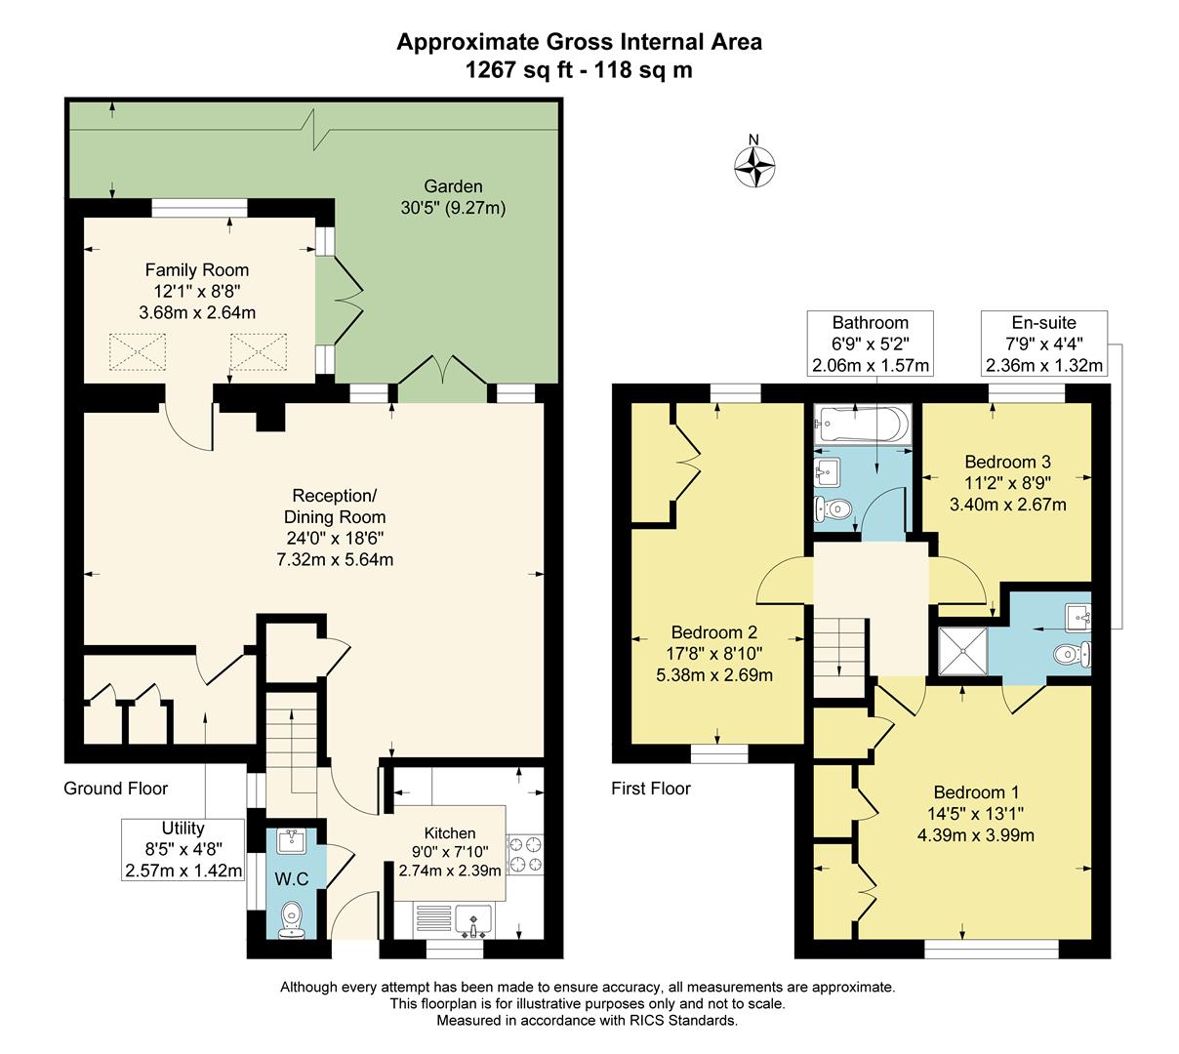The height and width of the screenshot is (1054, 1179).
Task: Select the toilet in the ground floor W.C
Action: coord(291,917)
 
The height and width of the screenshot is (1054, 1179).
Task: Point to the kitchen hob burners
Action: coord(524,852)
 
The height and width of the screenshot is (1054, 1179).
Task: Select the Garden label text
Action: coord(453,186)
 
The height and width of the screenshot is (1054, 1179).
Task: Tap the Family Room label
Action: coord(197,270)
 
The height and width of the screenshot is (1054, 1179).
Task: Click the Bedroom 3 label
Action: coord(1007,462)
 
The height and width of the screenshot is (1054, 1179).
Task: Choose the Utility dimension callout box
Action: coord(183,849)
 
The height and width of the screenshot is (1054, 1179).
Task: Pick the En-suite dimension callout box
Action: coord(1043,344)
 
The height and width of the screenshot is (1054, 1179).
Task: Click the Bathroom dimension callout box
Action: coord(870,344)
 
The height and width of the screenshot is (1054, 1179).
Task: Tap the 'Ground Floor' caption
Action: coord(116,788)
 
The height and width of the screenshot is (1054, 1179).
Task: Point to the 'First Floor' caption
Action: coord(650,788)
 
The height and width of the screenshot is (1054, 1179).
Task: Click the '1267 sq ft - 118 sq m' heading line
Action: coord(579,69)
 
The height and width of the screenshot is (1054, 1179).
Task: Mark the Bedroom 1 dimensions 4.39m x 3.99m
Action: coord(976,834)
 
